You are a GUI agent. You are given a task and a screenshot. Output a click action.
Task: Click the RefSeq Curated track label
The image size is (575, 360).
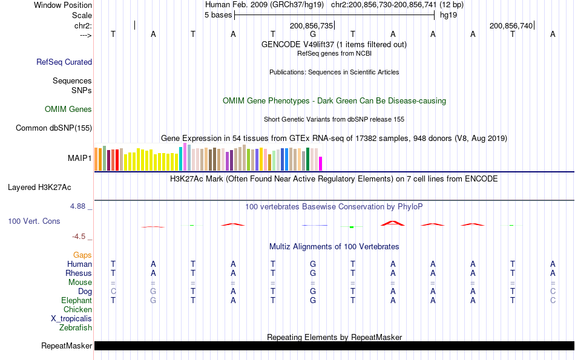coord(64,62)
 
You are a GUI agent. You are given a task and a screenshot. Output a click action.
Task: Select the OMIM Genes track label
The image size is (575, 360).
coord(68,110)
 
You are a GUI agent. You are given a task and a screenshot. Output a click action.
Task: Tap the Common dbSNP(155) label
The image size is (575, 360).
coord(54,128)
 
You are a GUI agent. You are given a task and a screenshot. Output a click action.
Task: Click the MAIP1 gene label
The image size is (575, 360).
coord(80,159)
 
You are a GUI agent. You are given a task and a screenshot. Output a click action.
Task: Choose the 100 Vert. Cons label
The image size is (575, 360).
coord(34,221)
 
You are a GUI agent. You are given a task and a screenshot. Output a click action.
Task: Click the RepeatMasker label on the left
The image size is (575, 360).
coord(67,346)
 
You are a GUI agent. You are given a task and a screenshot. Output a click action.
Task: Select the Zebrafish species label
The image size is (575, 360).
coord(76,328)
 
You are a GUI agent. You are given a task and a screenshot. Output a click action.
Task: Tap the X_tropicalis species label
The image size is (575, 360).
coord(71,319)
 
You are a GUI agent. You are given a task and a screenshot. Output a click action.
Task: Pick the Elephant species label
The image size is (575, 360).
coord(76,301)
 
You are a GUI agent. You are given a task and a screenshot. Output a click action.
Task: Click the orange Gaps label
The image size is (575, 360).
coord(82,255)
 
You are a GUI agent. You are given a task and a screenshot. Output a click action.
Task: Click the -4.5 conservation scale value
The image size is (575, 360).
coord(81,237)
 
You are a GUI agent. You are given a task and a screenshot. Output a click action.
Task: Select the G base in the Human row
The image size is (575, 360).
coord(313,264)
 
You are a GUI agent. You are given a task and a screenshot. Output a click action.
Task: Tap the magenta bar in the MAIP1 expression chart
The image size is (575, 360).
coord(321,163)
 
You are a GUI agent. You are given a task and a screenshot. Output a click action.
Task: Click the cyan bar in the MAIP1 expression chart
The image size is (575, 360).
coord(181,159)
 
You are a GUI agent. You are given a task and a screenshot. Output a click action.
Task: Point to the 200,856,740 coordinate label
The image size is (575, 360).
coord(511,26)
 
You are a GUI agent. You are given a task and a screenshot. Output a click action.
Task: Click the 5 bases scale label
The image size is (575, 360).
coord(218,15)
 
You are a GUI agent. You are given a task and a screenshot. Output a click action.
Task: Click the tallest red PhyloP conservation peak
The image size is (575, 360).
coord(393,223)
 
